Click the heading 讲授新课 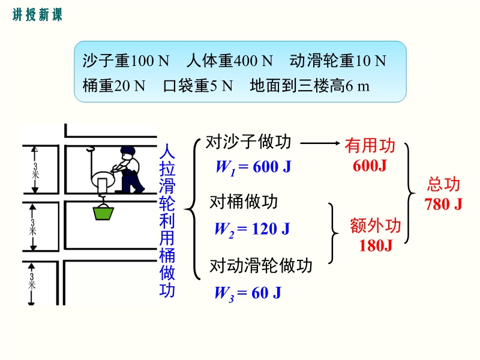(x=37, y=14)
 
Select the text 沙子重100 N (x=126, y=61)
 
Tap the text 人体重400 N (x=229, y=61)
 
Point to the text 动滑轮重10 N (x=338, y=61)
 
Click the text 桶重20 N (x=114, y=85)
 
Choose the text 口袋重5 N (x=198, y=85)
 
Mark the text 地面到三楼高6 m (x=310, y=85)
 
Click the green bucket (x=103, y=213)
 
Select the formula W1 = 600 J (x=253, y=167)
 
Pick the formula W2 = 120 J (x=252, y=230)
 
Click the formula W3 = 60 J (x=248, y=293)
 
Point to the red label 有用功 (x=370, y=145)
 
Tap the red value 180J (x=376, y=245)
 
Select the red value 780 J (x=443, y=204)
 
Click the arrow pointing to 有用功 (x=320, y=143)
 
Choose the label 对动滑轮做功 (x=261, y=265)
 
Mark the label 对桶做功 (x=244, y=202)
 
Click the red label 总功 (x=443, y=184)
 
